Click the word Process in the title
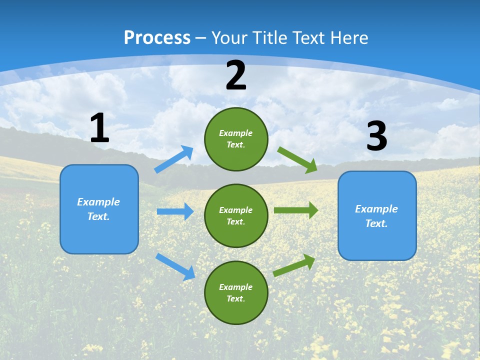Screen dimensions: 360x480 (157, 38)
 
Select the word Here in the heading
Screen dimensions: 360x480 (348, 38)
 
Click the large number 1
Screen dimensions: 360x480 (99, 128)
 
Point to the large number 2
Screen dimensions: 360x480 (236, 75)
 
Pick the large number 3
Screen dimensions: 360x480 (376, 136)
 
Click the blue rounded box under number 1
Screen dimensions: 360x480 (99, 209)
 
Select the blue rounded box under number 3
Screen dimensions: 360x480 (377, 215)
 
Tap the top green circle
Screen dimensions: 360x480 (236, 139)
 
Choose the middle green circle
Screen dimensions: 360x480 (236, 215)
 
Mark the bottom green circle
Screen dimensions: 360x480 (236, 292)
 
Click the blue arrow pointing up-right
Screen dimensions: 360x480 (174, 159)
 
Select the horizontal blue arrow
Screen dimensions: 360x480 (175, 211)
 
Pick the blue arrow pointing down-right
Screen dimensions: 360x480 (175, 266)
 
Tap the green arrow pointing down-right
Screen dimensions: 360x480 (297, 159)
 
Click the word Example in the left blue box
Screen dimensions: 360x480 (98, 202)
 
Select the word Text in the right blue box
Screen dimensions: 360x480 (376, 223)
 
